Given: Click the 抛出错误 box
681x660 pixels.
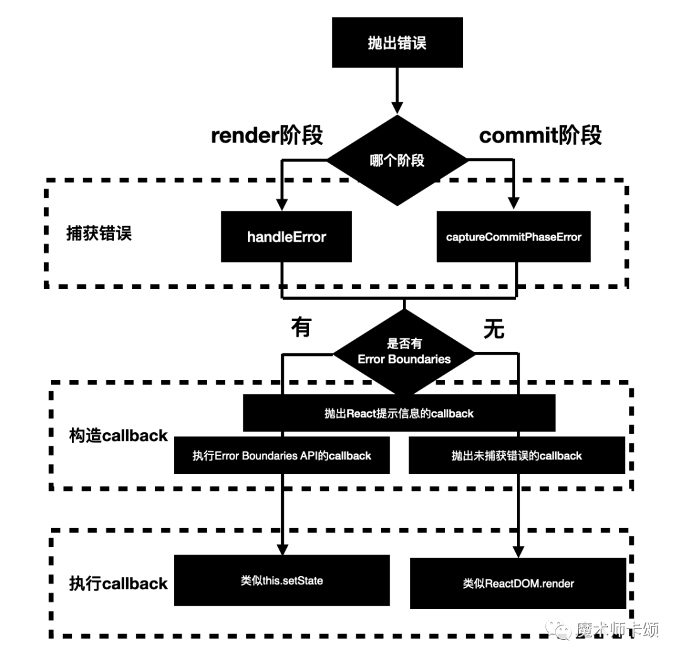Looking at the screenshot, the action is point(397,42).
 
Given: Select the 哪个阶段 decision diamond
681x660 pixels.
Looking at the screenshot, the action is point(397,160).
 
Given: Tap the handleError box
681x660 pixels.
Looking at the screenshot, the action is point(286,237).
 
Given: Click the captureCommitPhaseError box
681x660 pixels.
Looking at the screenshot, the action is point(513,237).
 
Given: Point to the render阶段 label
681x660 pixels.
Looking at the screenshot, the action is point(267,135).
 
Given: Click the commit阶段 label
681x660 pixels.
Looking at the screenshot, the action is point(540,135).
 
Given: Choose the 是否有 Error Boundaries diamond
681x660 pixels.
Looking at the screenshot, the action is point(404,353).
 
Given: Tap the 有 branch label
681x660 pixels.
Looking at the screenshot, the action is point(301,327).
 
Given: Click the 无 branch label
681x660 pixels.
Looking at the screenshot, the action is point(494,329).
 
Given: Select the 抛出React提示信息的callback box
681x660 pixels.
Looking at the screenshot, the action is point(399,413).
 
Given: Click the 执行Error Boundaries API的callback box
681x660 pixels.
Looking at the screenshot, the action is point(282,456).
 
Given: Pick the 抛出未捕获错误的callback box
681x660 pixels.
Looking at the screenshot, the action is point(517,456).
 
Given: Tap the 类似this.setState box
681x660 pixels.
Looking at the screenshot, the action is point(282,580).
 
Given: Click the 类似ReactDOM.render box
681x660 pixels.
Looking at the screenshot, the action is point(518,584).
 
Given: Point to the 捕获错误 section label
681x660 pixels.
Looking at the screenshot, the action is point(99,233).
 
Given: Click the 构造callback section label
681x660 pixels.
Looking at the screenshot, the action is point(118,435).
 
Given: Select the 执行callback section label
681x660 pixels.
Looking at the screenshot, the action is point(118,584).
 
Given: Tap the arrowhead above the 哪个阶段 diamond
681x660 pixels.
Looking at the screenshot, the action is point(397,108).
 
